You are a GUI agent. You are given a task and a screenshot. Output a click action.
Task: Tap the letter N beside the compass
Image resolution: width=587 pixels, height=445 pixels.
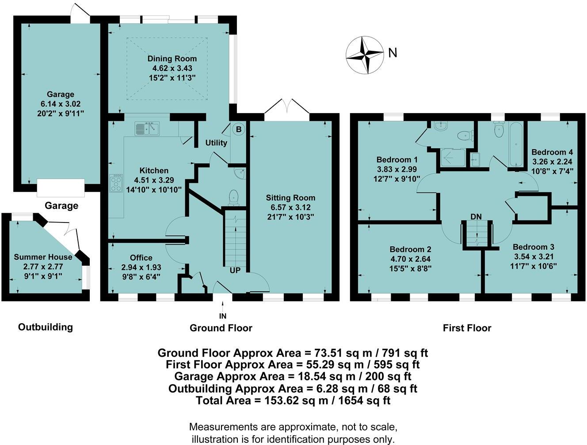coord(393,53)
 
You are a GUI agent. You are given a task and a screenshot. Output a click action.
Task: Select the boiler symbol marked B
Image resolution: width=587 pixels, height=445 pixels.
coord(238,129)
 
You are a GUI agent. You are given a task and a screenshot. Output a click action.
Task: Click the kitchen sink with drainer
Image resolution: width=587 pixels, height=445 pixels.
coord(147,128)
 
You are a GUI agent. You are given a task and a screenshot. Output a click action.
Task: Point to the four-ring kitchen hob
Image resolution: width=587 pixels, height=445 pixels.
coord(116,183)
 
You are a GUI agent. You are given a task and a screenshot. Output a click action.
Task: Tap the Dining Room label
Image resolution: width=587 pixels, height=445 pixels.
coord(172,59)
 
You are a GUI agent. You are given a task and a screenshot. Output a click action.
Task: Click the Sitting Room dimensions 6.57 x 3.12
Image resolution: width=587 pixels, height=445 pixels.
coord(290,207)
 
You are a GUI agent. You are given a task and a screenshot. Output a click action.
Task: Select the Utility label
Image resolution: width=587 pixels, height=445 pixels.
coord(216,143)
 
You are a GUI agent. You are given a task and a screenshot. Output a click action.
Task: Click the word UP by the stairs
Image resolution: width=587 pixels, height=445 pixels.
coord(235,270)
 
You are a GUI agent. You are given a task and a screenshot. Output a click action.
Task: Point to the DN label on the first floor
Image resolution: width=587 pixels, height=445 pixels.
coord(476,216)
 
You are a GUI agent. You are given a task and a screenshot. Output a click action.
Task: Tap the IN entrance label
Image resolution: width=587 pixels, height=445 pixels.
coord(223,316)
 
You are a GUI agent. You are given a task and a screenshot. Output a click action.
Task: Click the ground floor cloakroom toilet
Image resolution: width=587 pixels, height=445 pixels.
coord(234,197)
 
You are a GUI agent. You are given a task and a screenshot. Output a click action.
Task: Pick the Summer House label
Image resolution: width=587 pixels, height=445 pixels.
coord(43,257)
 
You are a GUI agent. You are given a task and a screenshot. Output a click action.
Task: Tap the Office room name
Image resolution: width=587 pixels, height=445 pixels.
coord(141,257)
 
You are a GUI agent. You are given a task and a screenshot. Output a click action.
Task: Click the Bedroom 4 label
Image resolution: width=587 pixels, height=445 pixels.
coord(552,152)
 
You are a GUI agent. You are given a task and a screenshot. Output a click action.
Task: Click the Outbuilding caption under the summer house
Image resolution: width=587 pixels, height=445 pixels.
coord(46,327)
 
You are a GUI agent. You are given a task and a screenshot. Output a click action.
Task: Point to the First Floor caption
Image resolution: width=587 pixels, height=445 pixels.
coord(467,328)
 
